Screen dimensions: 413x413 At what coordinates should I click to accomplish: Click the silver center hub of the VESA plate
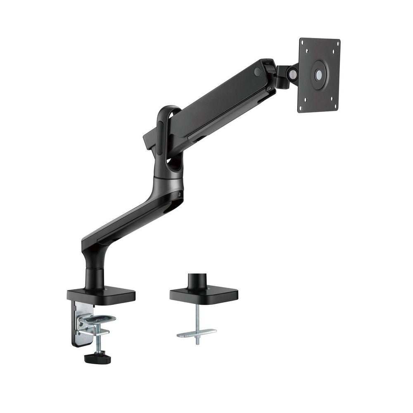point(318,75)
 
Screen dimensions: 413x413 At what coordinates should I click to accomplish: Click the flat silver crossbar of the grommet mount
point(197,333)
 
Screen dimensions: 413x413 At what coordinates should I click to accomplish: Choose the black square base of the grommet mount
point(204,294)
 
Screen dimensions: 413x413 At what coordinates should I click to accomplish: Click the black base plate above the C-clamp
point(101,294)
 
